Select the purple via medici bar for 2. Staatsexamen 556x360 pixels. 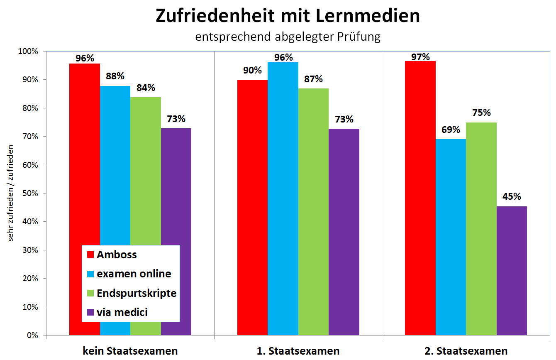point(512,270)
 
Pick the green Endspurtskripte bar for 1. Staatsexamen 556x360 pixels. point(313,212)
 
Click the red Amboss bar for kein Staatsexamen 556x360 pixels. point(84,166)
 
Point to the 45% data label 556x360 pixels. point(512,196)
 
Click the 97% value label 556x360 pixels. point(420,56)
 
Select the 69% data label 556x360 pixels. point(451,130)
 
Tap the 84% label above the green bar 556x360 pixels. point(146,88)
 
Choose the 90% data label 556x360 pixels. point(252,71)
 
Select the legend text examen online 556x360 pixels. point(134,274)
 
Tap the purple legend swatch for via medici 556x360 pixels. point(90,312)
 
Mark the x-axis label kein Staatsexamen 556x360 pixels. point(130,351)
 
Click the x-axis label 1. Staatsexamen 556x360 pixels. point(298,351)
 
